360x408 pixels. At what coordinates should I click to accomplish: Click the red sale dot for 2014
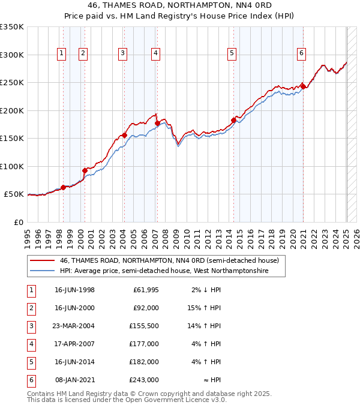pos(233,120)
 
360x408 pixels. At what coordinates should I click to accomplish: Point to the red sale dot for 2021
pos(304,86)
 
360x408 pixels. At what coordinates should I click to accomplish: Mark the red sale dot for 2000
pos(85,170)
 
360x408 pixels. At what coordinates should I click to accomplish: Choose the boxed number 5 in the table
pos(30,362)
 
